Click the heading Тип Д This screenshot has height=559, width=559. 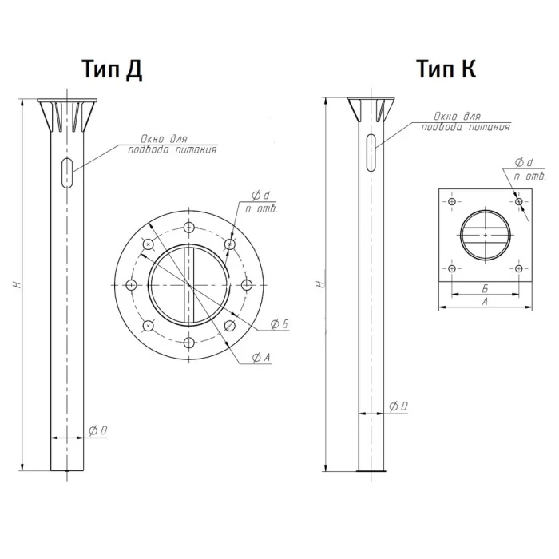pyautogui.click(x=113, y=69)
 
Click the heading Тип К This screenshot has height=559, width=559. pyautogui.click(x=446, y=69)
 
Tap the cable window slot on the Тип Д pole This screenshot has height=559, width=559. pyautogui.click(x=67, y=172)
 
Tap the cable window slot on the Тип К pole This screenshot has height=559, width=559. pyautogui.click(x=371, y=153)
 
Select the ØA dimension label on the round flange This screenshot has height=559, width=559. pyautogui.click(x=261, y=357)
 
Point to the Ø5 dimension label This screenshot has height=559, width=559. pyautogui.click(x=279, y=324)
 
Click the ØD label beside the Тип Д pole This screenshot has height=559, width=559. pyautogui.click(x=97, y=431)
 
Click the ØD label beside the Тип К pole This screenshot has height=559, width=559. pyautogui.click(x=398, y=406)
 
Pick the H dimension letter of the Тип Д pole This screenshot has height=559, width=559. pyautogui.click(x=17, y=284)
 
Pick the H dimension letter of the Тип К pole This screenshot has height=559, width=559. pyautogui.click(x=321, y=284)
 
